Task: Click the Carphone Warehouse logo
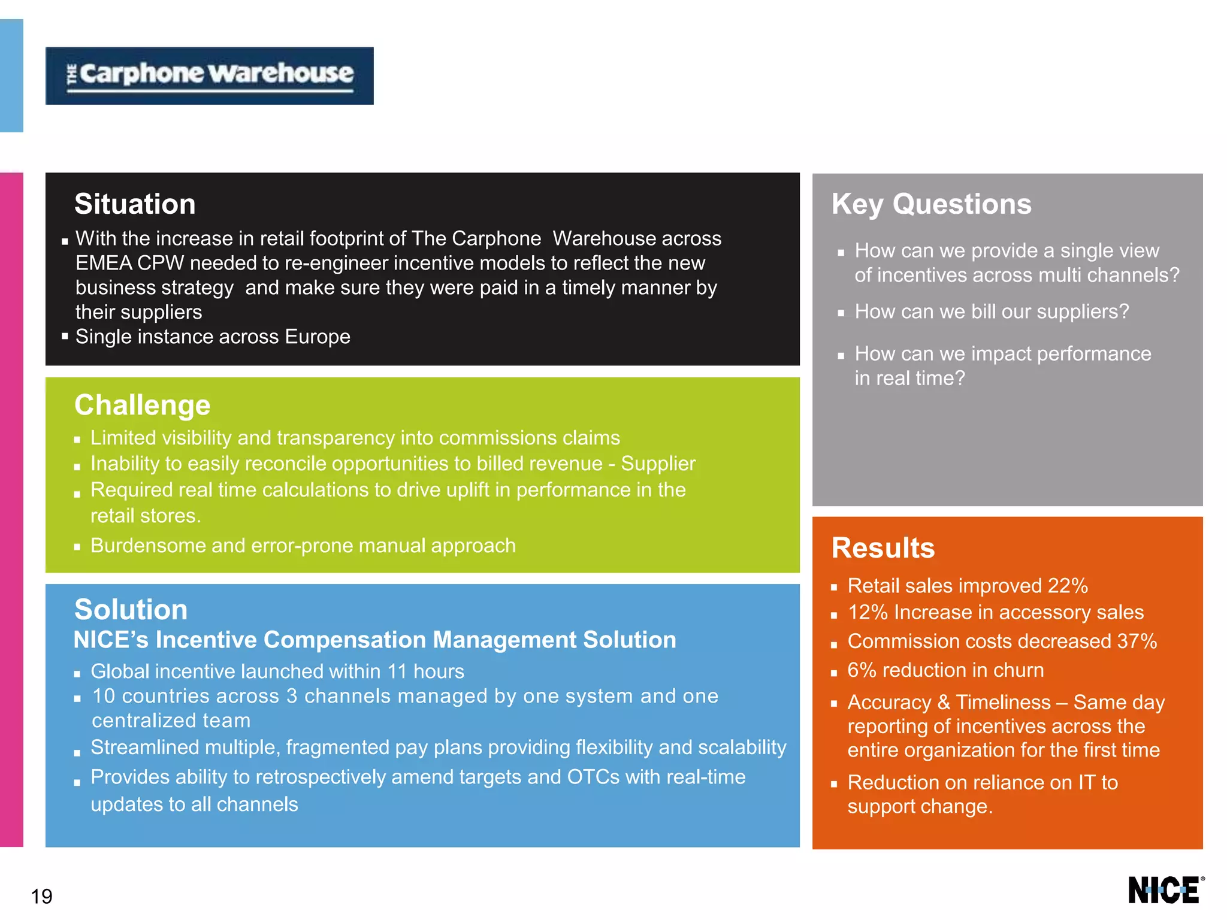210,75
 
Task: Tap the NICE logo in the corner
1165,890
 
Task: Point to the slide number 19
41,896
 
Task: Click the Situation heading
135,204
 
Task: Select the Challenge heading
142,405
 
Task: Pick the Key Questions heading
931,204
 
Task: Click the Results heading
883,548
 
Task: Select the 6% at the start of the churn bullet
862,670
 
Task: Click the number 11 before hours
397,671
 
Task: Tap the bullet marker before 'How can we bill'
841,313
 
